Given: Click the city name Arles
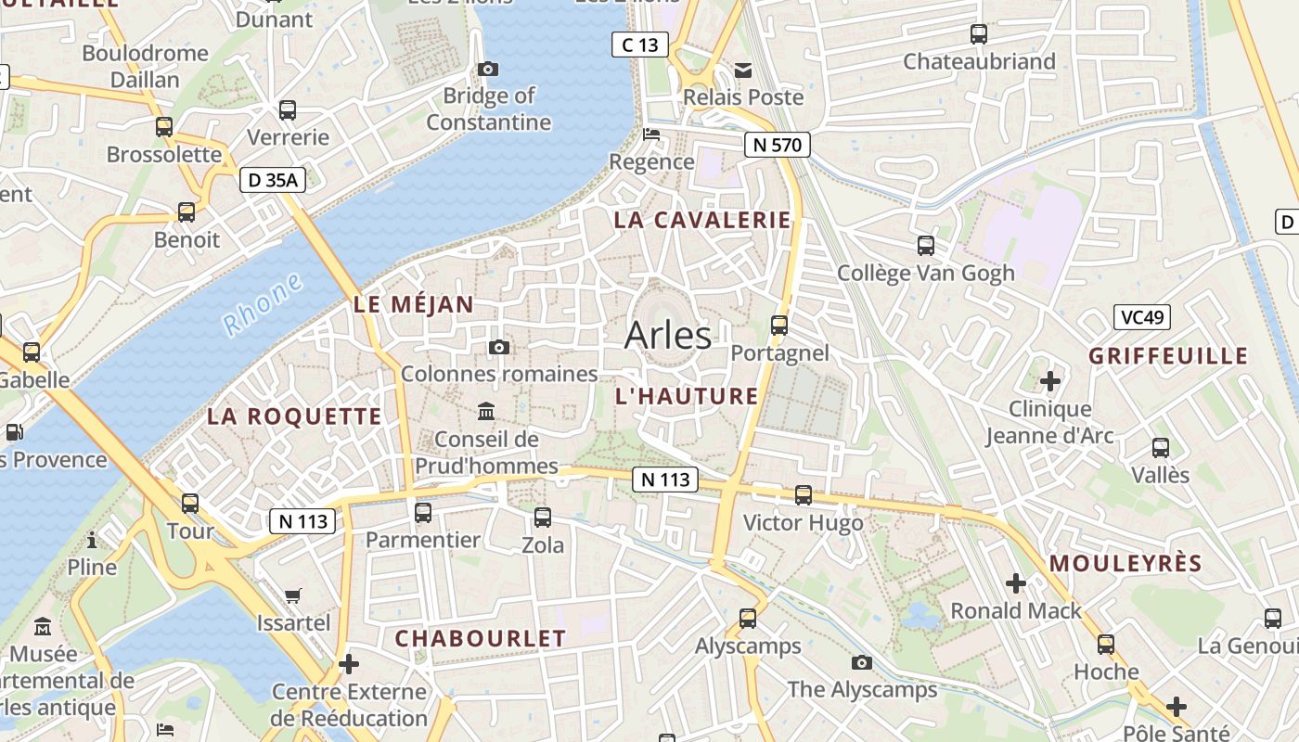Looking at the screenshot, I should tap(668, 336).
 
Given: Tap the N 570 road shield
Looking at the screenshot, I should tap(778, 144).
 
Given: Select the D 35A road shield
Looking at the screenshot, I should tap(273, 180).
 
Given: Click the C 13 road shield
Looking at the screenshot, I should tap(640, 44).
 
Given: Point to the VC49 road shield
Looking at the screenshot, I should tap(1142, 317).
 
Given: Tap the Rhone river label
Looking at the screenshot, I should tap(264, 304).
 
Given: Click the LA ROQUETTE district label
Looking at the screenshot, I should tap(294, 416).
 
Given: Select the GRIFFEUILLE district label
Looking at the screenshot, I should tap(1168, 356).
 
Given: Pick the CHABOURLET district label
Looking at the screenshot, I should tap(480, 638).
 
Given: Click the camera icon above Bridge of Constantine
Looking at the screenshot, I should tap(488, 69).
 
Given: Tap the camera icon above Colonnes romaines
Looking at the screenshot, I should tap(499, 347).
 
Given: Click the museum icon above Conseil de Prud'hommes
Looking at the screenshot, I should tap(486, 411).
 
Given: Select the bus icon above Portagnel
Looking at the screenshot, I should tap(779, 326).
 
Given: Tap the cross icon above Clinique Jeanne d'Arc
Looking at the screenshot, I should tap(1050, 381).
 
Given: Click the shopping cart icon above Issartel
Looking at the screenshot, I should tap(293, 595).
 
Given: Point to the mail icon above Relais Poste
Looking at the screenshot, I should tap(743, 70).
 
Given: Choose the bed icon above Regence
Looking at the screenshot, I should tap(651, 134).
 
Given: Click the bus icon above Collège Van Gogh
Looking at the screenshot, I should tap(925, 246).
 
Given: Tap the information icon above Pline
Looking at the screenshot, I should tap(92, 540).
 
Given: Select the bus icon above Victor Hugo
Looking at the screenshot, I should tap(804, 495).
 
